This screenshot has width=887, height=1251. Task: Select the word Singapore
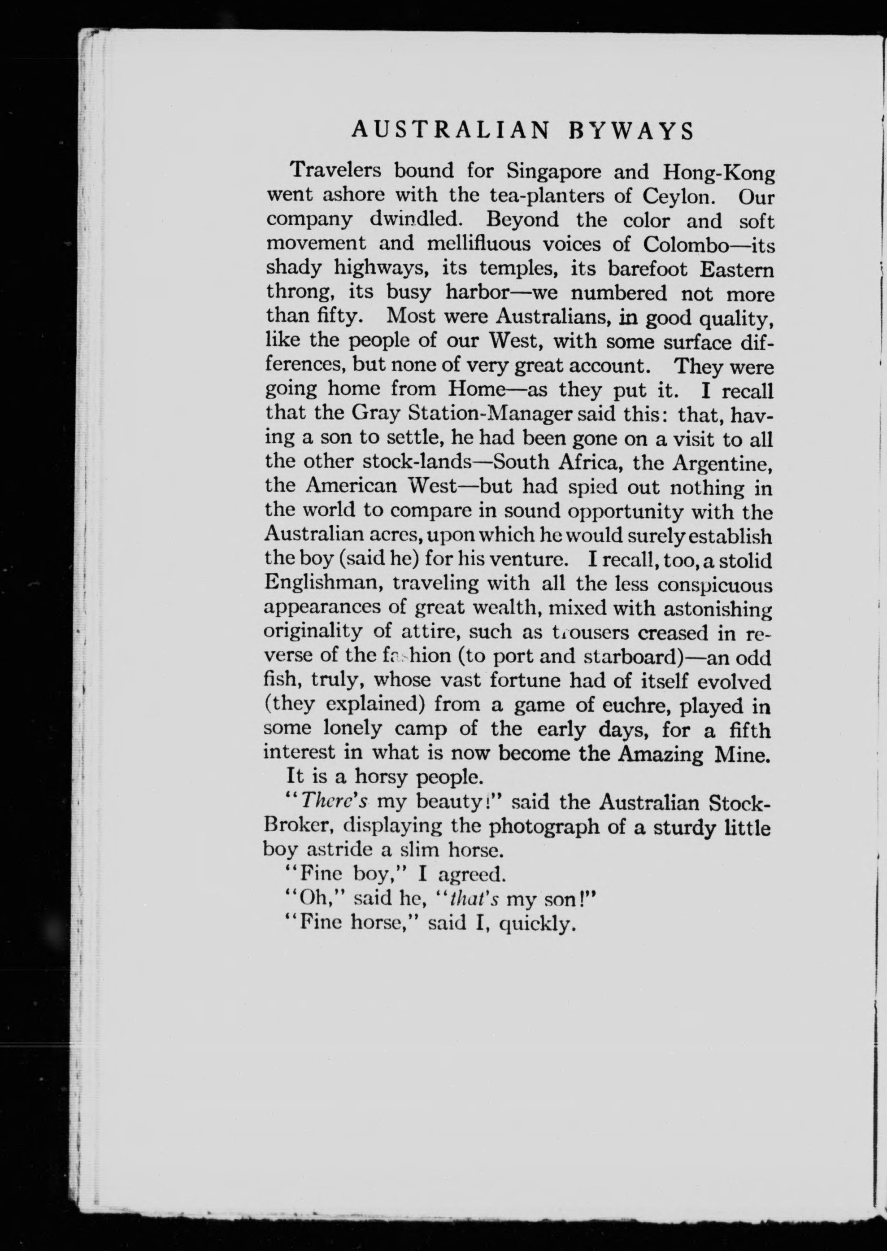[x=554, y=171]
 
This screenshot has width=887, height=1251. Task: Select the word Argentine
[x=722, y=462]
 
